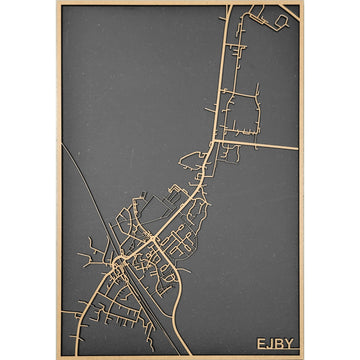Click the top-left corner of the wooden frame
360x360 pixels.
click(x=58, y=3)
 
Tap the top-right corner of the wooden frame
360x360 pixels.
click(x=302, y=3)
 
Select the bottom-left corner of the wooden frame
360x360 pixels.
click(x=58, y=357)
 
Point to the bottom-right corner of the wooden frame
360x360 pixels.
click(x=302, y=357)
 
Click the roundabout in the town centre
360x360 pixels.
click(x=119, y=264)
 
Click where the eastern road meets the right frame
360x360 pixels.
click(x=298, y=149)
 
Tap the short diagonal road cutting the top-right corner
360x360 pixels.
click(x=289, y=12)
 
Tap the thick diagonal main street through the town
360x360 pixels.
click(x=170, y=210)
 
